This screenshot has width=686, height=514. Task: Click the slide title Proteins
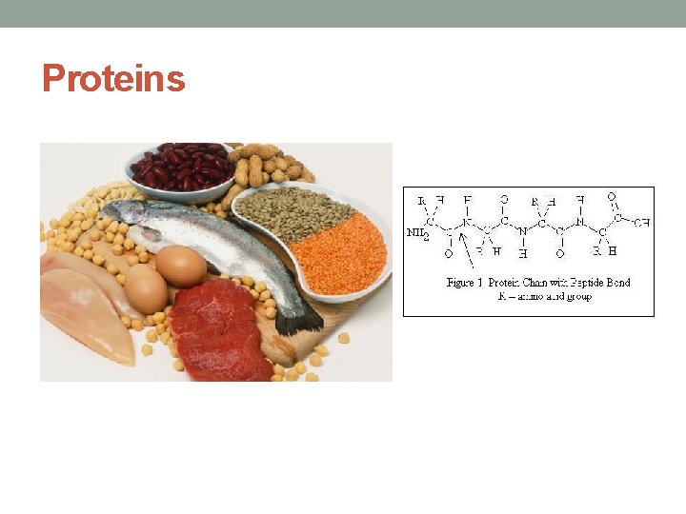(x=113, y=78)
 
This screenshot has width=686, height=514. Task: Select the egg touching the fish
(x=181, y=266)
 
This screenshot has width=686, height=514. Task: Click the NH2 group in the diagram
(x=417, y=232)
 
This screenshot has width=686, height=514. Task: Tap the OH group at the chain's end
(x=641, y=222)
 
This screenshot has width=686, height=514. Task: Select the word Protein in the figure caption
(x=508, y=282)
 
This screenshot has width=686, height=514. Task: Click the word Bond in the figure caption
(x=615, y=282)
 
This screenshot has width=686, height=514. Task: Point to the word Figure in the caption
(x=464, y=282)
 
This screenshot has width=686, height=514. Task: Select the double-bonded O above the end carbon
(x=611, y=197)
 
